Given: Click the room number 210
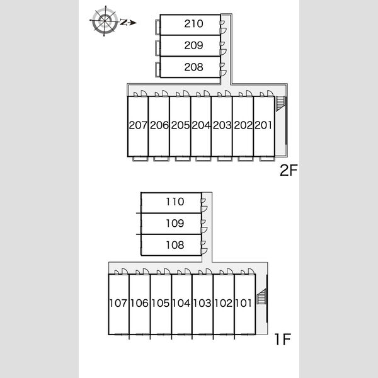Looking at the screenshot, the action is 193,24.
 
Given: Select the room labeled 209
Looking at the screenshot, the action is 193,45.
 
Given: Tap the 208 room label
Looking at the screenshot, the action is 193,67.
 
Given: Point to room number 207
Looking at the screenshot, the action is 138,125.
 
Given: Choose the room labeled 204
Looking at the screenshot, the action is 201,125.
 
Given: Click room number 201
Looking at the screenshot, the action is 263,125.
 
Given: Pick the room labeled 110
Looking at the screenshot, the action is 175,202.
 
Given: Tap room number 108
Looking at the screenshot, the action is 175,245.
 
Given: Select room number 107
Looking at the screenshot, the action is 118,303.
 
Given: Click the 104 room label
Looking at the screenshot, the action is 181,303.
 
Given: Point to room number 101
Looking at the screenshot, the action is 243,303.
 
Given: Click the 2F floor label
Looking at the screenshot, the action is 289,170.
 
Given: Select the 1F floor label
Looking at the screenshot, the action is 282,339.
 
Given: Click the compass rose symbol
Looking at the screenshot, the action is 105,21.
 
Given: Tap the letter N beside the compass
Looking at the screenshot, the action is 124,23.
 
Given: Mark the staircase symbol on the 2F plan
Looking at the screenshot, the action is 281,104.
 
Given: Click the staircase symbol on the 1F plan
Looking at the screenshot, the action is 262,296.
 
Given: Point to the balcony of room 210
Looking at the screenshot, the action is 158,27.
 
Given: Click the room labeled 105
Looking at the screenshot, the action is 160,303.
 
